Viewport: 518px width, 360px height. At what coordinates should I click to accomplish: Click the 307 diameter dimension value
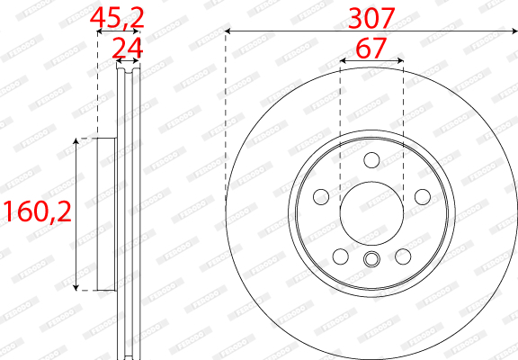click(x=371, y=19)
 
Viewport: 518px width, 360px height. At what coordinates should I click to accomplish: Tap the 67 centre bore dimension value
click(x=371, y=48)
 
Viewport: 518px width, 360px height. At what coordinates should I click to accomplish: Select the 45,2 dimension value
click(x=117, y=19)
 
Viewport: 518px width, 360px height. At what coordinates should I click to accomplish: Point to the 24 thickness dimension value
click(x=128, y=49)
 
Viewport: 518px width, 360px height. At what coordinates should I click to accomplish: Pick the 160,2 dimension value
click(x=37, y=211)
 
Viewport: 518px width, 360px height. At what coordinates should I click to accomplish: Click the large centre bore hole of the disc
click(x=371, y=213)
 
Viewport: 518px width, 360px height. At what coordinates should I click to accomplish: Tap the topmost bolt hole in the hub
click(x=371, y=160)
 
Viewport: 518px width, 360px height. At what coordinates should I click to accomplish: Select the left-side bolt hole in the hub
click(x=321, y=197)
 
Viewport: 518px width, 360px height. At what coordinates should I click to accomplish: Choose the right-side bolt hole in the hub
click(x=423, y=197)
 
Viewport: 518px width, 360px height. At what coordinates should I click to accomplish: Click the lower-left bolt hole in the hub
click(x=341, y=256)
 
